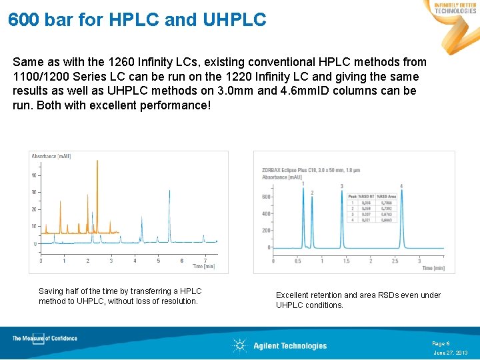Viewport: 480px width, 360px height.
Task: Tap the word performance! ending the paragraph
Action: click(177, 105)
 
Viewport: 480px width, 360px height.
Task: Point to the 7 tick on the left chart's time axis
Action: click(205, 261)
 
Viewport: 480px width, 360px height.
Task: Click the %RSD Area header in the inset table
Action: click(387, 196)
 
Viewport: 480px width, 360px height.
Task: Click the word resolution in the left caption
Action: click(179, 301)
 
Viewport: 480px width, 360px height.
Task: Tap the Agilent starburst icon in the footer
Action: click(239, 345)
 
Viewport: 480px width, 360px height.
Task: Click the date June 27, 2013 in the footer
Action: click(451, 353)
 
